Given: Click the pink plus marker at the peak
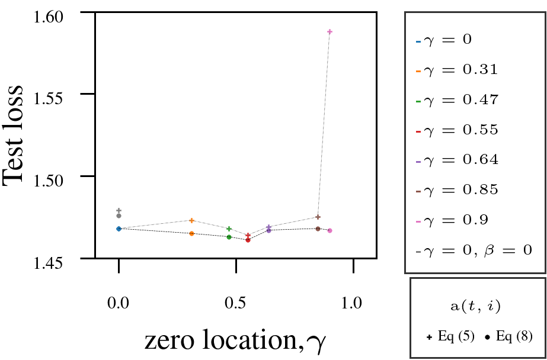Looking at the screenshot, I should [330, 31].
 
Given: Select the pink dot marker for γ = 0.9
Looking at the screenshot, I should [330, 230].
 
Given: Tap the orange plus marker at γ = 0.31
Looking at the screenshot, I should [192, 220].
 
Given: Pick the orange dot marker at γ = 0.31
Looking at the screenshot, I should [192, 233].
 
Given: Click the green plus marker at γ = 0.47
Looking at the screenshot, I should [229, 229].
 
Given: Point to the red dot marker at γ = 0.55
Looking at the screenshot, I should [248, 240].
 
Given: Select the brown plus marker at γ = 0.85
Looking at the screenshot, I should [318, 217].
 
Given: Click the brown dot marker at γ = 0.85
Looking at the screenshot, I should [318, 229].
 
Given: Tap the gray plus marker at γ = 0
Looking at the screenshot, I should [119, 210].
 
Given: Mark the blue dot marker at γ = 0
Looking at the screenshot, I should [119, 229].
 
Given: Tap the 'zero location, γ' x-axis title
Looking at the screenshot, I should [234, 340].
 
